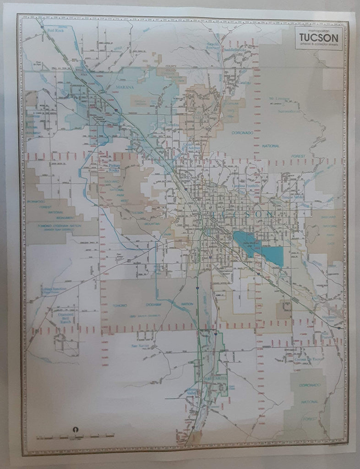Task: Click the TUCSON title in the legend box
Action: pos(319,37)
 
